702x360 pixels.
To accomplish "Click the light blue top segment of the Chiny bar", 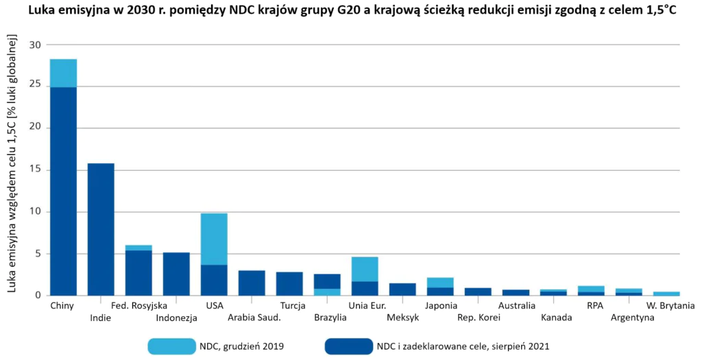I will pyautogui.click(x=63, y=73).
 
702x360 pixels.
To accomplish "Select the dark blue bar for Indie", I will pyautogui.click(x=101, y=229).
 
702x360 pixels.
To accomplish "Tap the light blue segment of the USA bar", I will pyautogui.click(x=214, y=239).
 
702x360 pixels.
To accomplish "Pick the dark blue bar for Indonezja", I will pyautogui.click(x=176, y=274).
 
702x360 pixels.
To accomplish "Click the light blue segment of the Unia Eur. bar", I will pyautogui.click(x=365, y=269).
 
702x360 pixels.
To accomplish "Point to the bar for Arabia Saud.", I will pyautogui.click(x=252, y=283).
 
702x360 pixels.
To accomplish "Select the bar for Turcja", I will pyautogui.click(x=289, y=283).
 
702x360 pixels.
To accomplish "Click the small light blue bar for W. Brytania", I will pyautogui.click(x=667, y=293).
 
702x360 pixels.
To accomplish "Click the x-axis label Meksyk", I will pyautogui.click(x=402, y=318).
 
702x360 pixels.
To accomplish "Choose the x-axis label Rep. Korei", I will pyautogui.click(x=478, y=318).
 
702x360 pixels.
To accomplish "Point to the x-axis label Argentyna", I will pyautogui.click(x=629, y=318).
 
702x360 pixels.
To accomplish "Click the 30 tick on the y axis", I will pyautogui.click(x=34, y=45).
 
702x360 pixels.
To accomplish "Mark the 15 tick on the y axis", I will pyautogui.click(x=34, y=170).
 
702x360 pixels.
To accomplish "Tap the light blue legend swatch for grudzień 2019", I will pyautogui.click(x=171, y=346).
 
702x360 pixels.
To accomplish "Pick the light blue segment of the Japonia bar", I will pyautogui.click(x=440, y=282).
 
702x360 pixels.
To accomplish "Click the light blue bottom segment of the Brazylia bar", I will pyautogui.click(x=327, y=291).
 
